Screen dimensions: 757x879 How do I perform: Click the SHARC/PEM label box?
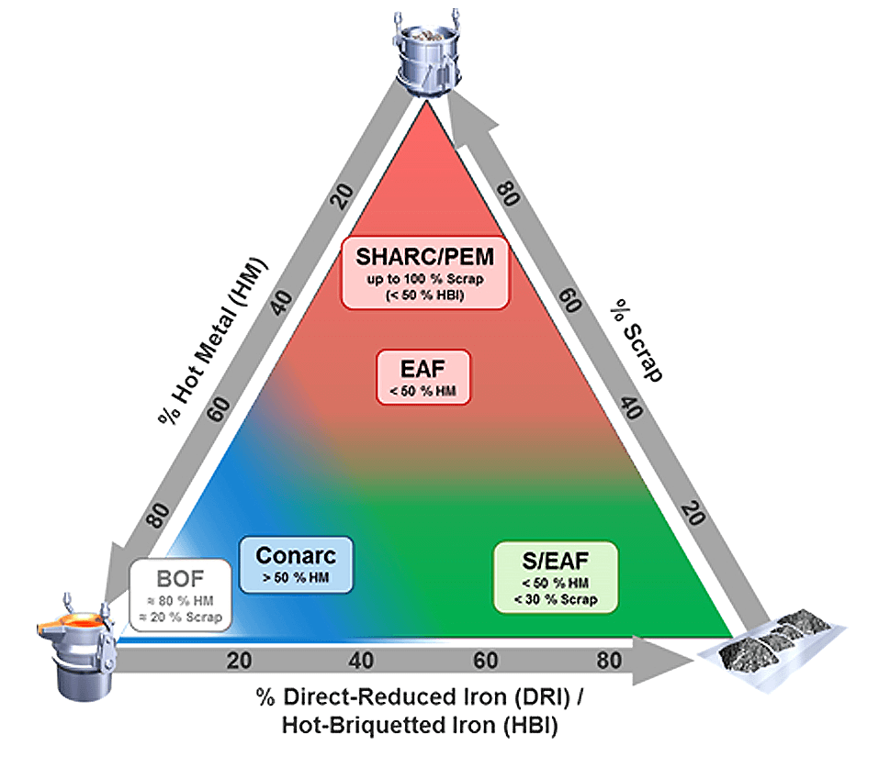424,273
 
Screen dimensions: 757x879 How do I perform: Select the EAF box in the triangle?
424,374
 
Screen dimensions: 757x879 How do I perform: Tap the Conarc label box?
295,564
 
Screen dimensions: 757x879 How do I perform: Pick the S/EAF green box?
555,577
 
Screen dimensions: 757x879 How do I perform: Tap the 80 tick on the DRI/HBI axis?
609,660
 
